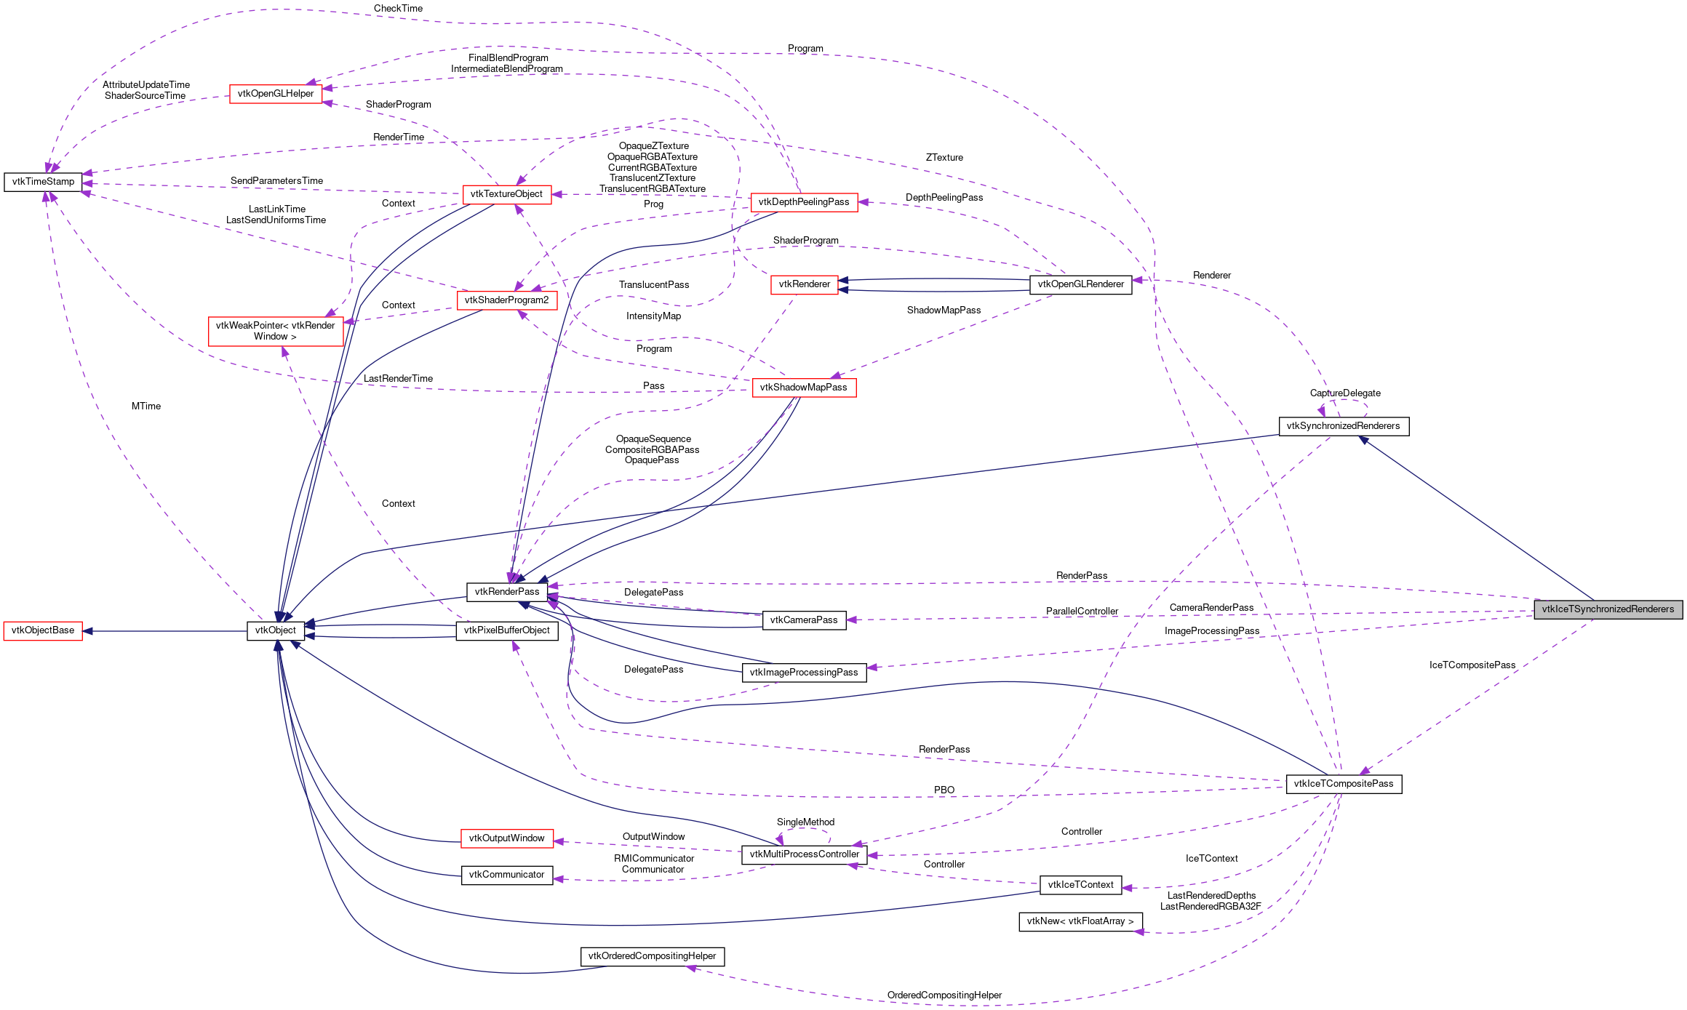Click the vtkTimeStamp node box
tap(43, 182)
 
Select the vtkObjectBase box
tap(43, 630)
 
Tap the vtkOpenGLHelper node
tap(276, 94)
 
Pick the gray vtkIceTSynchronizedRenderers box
tap(1608, 609)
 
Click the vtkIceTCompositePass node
tap(1343, 784)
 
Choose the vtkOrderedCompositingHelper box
tap(652, 956)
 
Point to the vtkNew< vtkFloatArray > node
tap(1080, 921)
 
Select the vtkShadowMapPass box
tap(803, 388)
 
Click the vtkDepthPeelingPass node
tap(804, 202)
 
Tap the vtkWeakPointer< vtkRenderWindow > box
tap(276, 331)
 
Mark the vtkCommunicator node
tap(506, 875)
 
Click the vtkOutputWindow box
tap(506, 838)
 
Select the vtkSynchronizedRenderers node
tap(1343, 426)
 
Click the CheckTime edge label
tap(398, 9)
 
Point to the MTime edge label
tap(146, 406)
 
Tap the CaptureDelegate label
tap(1345, 393)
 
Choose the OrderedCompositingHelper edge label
tap(944, 995)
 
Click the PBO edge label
tap(944, 790)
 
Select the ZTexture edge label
tap(944, 158)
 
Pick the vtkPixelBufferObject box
tap(506, 630)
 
